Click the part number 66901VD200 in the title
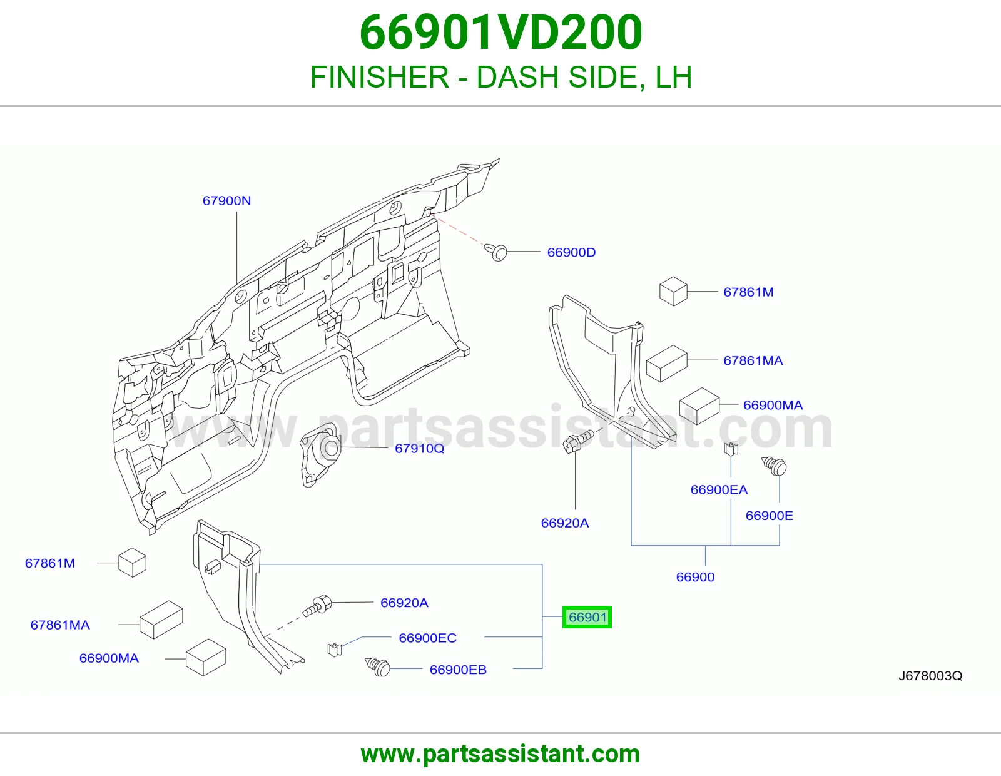coord(500,33)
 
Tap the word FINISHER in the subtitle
coord(380,77)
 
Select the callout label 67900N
coord(226,200)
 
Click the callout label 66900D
coord(571,252)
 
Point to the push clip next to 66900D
coord(496,252)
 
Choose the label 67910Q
coord(419,448)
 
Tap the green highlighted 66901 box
coord(587,617)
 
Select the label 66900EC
coord(427,638)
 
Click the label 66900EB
coord(458,670)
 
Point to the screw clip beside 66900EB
coord(378,666)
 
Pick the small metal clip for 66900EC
coord(335,650)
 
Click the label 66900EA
coord(719,489)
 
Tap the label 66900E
coord(770,515)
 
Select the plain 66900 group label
coord(695,577)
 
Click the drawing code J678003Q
coord(930,675)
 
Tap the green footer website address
coord(500,754)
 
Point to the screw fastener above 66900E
coord(774,466)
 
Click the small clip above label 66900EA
coord(731,449)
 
